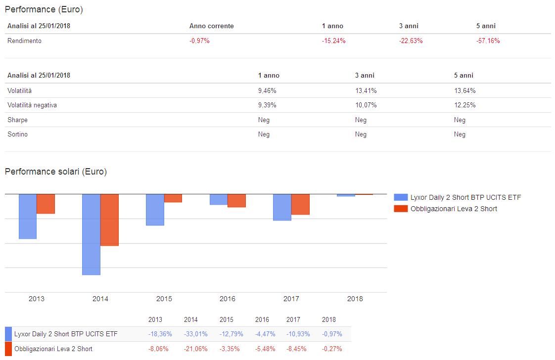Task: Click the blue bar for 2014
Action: click(91, 234)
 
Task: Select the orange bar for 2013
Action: click(46, 204)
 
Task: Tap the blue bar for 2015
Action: click(155, 210)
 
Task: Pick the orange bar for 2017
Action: click(300, 204)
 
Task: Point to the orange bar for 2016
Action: click(236, 200)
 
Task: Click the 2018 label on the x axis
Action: click(355, 299)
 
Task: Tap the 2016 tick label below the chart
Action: click(228, 299)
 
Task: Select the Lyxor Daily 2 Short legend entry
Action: click(465, 197)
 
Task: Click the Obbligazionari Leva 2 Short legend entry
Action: click(454, 209)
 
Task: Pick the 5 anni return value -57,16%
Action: click(488, 41)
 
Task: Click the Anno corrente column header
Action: click(211, 26)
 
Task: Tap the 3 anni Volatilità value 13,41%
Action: click(366, 90)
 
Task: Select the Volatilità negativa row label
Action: click(32, 105)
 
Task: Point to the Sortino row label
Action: click(17, 134)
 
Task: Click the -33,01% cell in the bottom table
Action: click(191, 334)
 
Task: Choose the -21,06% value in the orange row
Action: click(191, 349)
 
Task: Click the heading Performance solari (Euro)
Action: click(56, 172)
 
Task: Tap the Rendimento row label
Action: click(24, 41)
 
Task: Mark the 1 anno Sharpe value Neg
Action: click(264, 120)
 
